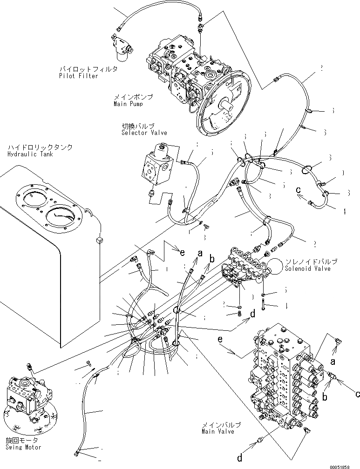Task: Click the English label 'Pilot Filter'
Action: [x=79, y=76]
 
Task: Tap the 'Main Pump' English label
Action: [x=128, y=104]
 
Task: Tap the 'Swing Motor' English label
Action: [x=23, y=447]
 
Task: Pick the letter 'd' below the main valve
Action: [x=239, y=458]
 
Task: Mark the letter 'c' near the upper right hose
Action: [x=299, y=189]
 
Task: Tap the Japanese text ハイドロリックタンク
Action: [x=40, y=147]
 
